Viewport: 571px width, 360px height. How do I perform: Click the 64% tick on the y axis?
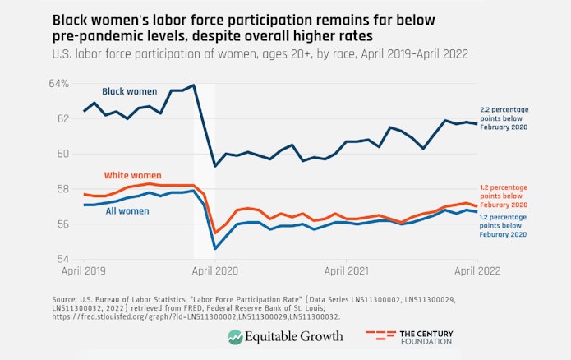point(58,83)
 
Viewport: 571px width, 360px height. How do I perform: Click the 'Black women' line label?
point(129,91)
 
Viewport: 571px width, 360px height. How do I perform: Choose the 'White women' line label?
point(132,175)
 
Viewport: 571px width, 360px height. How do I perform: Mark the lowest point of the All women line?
point(215,248)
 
